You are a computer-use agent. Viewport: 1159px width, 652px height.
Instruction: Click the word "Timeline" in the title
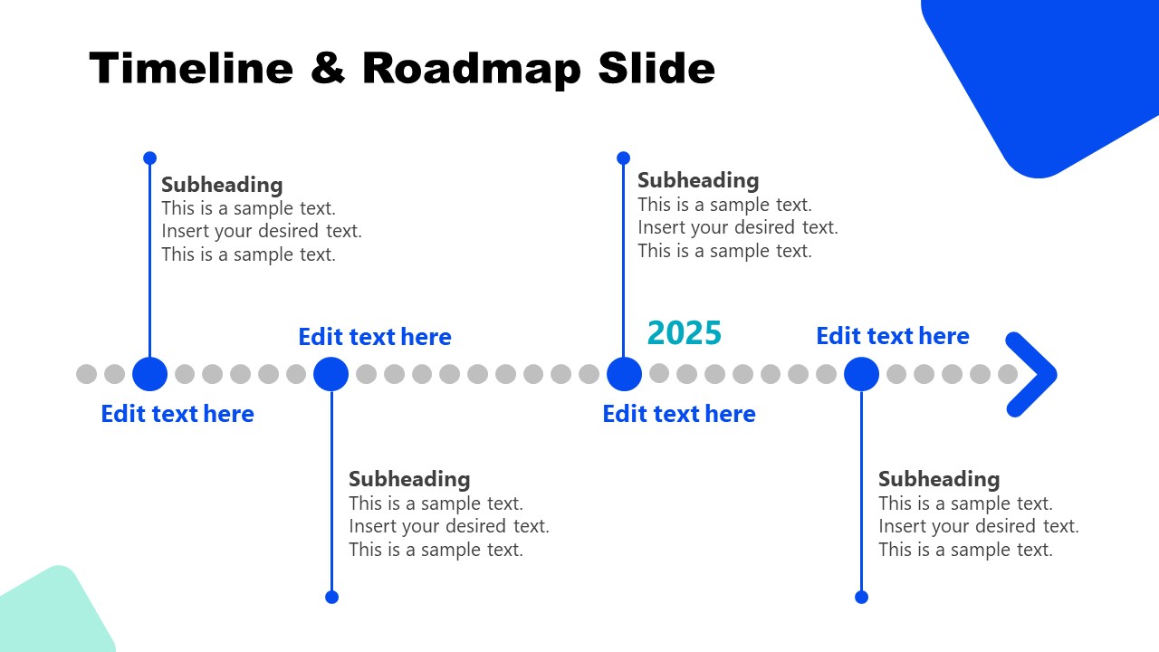[191, 68]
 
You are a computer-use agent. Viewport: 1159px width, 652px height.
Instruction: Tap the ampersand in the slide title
[328, 68]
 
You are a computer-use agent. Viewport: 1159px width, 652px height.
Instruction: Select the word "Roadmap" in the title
[472, 70]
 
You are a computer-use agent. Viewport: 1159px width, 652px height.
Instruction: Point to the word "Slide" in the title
[656, 68]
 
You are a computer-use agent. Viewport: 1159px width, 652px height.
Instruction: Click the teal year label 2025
[684, 332]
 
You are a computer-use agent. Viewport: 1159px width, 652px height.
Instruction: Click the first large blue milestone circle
[150, 374]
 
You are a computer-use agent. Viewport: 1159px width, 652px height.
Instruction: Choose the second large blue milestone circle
[331, 374]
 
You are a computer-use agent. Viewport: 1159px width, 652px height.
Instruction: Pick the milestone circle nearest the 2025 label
[624, 374]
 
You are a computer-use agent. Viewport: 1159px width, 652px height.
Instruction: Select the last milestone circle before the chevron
[861, 374]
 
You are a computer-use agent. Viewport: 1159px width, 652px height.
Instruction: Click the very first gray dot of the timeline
[86, 374]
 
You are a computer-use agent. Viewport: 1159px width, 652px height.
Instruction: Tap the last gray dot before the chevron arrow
[1008, 374]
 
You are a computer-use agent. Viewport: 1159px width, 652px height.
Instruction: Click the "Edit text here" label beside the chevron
[893, 336]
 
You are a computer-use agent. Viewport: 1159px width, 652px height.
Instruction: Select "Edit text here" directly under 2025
[679, 414]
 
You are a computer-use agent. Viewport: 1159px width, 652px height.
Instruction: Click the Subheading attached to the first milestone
[222, 185]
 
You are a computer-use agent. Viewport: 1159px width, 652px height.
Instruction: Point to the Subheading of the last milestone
[939, 479]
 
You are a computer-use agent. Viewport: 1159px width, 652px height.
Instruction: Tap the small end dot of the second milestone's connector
[331, 597]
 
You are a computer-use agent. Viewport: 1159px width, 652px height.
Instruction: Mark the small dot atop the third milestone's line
[624, 158]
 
